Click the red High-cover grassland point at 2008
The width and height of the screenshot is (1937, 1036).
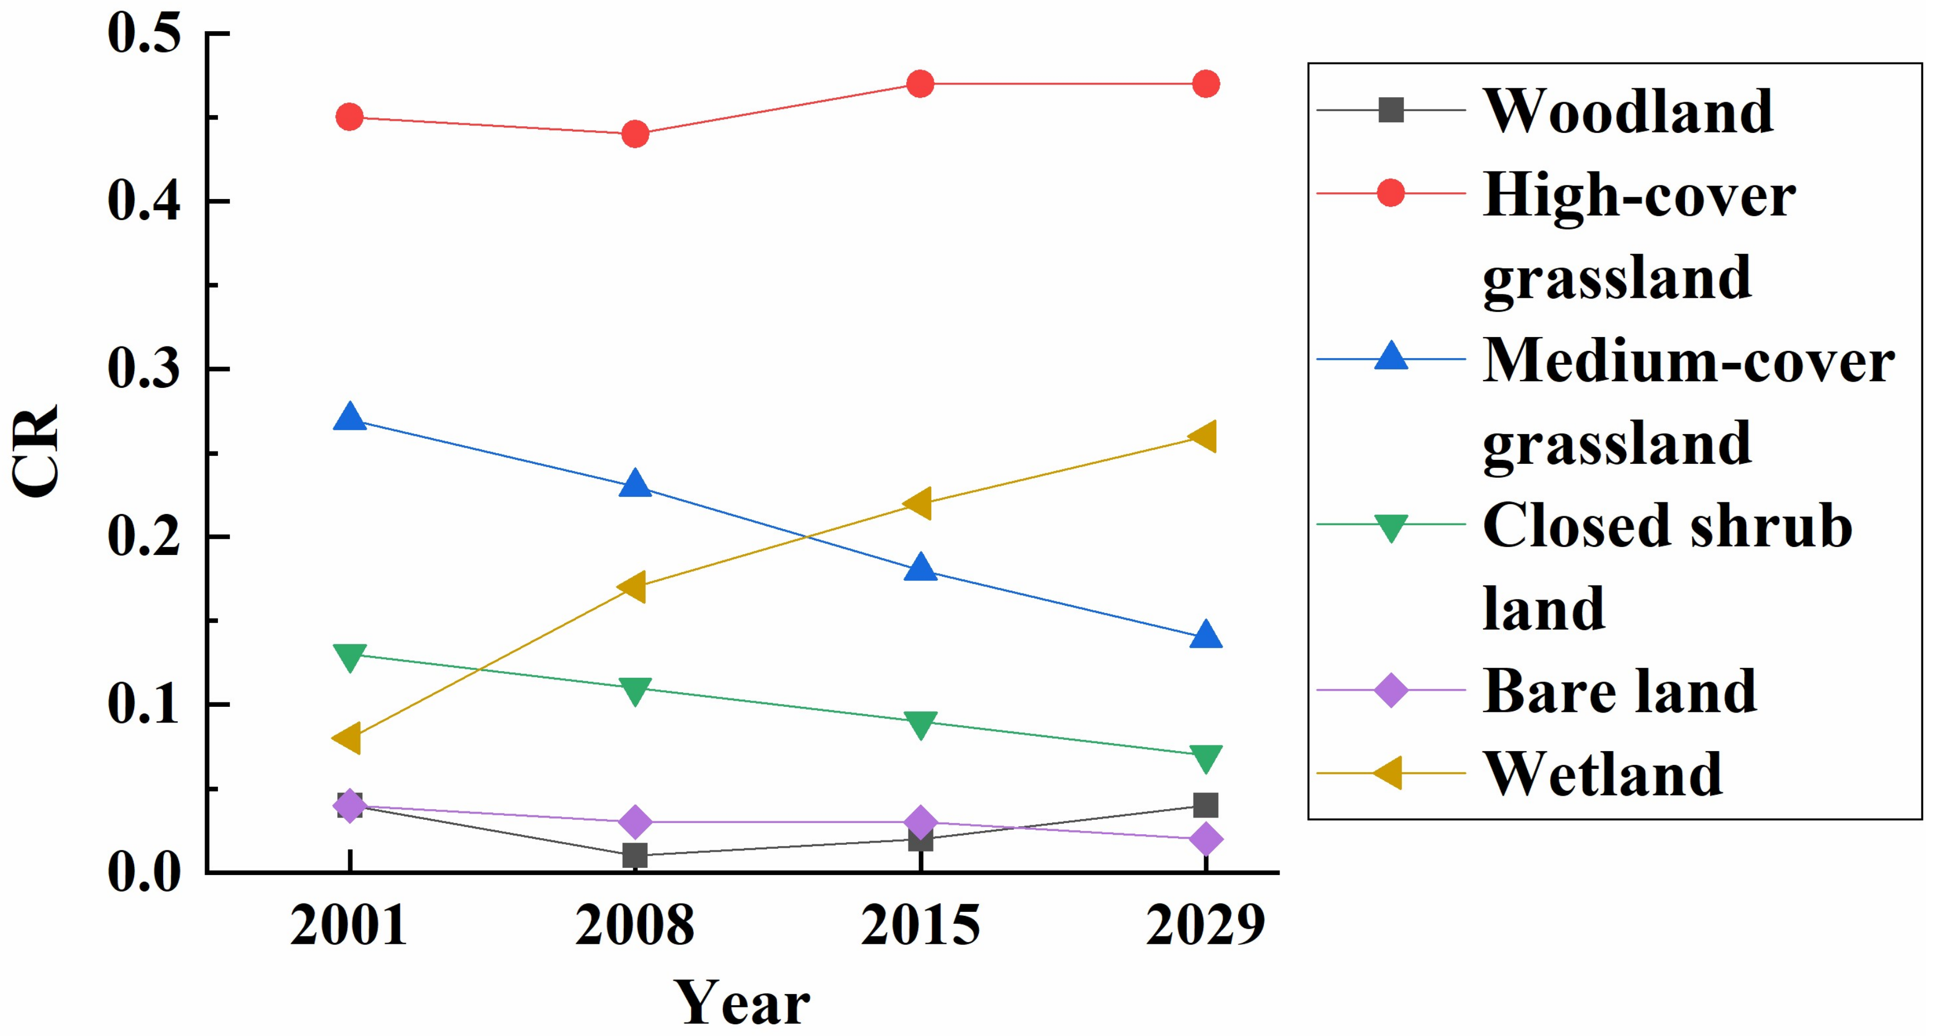point(636,135)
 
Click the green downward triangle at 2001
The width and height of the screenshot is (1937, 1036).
point(349,657)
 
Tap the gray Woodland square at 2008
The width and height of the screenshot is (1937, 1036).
point(636,855)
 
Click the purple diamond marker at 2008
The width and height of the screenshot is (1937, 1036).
point(636,822)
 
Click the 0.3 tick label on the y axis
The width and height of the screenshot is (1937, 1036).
point(144,369)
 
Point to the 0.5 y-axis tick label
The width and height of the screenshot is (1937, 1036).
point(144,34)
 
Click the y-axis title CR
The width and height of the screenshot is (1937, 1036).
point(36,451)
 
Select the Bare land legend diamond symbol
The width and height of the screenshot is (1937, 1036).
point(1390,690)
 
